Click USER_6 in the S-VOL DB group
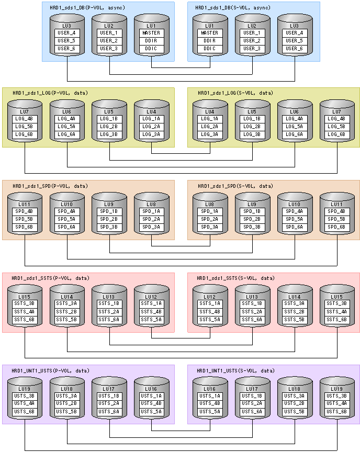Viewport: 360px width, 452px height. (x=294, y=49)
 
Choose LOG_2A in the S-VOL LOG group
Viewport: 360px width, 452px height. (x=210, y=127)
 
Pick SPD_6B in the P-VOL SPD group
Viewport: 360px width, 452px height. (x=25, y=227)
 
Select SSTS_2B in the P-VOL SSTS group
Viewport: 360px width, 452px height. (x=67, y=311)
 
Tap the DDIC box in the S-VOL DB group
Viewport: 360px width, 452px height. (x=210, y=49)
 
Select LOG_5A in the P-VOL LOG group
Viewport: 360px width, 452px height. (x=67, y=127)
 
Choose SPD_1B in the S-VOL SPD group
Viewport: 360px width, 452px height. (x=252, y=211)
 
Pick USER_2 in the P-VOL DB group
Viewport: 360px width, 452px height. (x=110, y=41)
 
